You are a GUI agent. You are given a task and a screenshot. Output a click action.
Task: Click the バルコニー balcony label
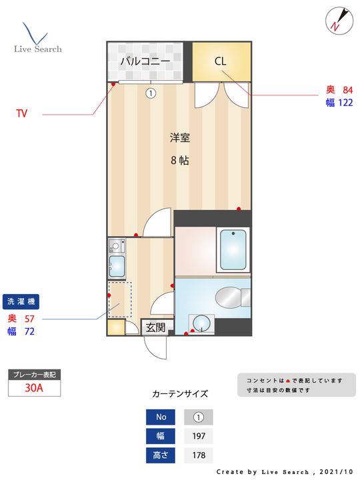[145, 61]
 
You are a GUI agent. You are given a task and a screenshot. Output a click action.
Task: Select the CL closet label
[221, 61]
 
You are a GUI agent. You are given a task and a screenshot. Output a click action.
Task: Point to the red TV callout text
[22, 114]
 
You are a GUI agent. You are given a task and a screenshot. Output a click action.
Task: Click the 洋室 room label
[179, 138]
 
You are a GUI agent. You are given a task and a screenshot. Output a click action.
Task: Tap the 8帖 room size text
[179, 160]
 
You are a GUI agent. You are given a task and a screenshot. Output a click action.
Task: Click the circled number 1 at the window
[151, 93]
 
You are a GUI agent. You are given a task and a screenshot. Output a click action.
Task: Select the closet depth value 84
[347, 90]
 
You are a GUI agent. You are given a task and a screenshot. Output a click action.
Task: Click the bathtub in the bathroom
[233, 249]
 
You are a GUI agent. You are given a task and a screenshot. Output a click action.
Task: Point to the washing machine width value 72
[29, 331]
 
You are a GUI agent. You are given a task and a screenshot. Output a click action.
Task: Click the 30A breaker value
[34, 387]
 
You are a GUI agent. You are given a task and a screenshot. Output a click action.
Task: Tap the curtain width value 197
[198, 437]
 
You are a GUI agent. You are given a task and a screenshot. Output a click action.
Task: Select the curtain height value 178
[198, 456]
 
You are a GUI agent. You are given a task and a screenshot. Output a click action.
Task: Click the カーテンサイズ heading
[180, 394]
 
